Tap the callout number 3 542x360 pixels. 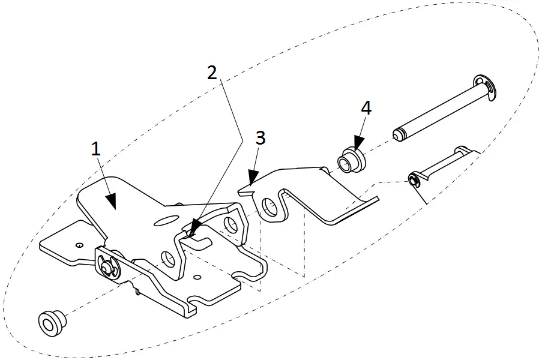(259, 138)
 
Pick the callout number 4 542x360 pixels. (366, 108)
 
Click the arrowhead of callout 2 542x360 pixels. (191, 230)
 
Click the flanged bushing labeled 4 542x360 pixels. (349, 160)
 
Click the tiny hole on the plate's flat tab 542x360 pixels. (79, 244)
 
